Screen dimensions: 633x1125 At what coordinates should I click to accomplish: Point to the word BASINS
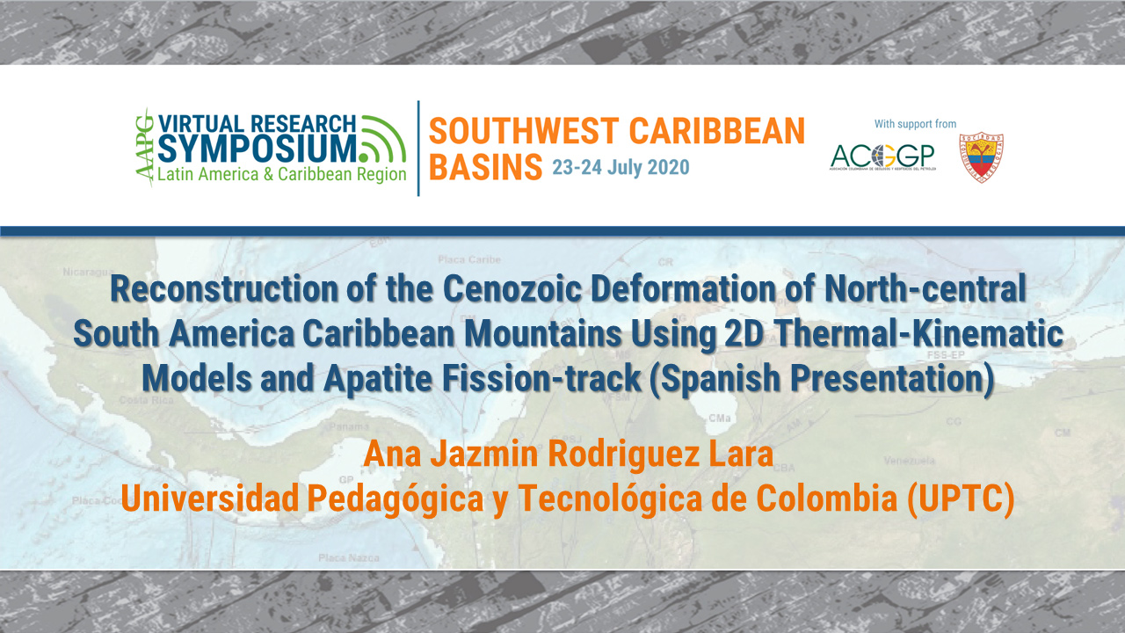[x=484, y=166]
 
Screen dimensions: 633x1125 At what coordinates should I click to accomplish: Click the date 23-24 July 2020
[x=621, y=167]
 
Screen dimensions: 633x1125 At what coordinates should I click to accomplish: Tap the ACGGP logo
[x=882, y=156]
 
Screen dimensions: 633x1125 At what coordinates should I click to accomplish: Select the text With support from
[x=915, y=124]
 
